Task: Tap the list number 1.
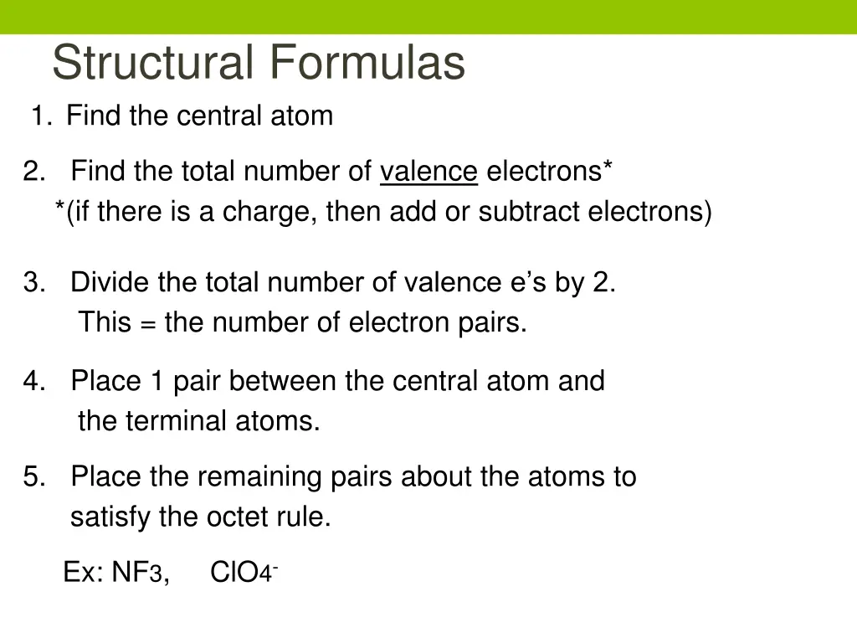point(38,116)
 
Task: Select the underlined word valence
point(428,172)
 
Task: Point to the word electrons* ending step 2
point(549,172)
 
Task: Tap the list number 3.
point(33,283)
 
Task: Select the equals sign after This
point(147,323)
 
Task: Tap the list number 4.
point(33,382)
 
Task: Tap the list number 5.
point(33,477)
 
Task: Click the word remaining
point(254,477)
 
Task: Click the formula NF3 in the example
point(140,573)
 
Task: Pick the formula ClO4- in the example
point(244,573)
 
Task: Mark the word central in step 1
point(223,116)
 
